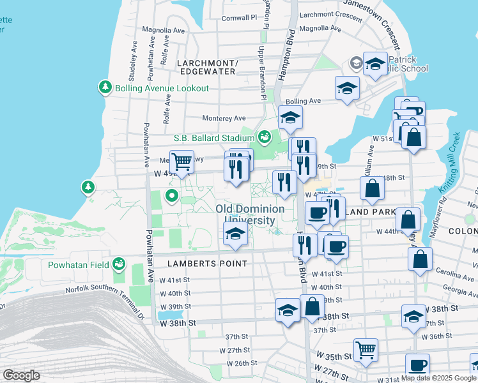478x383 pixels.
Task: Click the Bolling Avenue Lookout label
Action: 162,88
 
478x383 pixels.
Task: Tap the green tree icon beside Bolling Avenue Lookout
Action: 105,87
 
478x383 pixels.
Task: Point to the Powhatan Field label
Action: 78,264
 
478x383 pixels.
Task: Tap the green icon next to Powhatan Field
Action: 118,263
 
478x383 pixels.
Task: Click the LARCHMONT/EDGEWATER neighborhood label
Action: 206,67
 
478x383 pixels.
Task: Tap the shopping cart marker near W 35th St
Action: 366,349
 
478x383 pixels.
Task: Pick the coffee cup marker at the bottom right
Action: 418,365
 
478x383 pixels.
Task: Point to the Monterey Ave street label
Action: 224,118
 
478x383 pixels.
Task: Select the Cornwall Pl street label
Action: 239,19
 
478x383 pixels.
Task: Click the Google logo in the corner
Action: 21,375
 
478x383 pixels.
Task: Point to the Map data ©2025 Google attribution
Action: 438,378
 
